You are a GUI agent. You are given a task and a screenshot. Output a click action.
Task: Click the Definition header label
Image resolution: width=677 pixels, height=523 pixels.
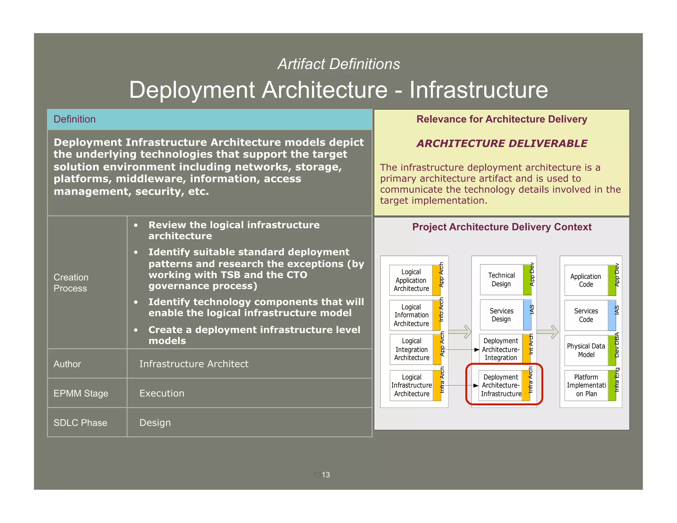pos(74,119)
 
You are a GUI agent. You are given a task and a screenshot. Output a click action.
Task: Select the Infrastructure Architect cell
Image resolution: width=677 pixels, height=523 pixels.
pos(194,364)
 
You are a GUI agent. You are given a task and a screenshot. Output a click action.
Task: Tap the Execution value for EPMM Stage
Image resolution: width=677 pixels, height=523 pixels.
pos(162,393)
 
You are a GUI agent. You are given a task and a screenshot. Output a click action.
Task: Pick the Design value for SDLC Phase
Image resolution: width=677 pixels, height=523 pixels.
pos(155,422)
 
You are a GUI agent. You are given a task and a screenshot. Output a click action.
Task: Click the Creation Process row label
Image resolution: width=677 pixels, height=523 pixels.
pos(71,283)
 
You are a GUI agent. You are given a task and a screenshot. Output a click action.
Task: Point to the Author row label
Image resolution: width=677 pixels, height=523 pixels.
pos(67,364)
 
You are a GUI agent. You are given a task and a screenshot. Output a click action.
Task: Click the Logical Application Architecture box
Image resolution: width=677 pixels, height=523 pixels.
pos(411,280)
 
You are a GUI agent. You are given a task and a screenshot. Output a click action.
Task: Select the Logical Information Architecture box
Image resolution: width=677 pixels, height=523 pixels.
pos(411,315)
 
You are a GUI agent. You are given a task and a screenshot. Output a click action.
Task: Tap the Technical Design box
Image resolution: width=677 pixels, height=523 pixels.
pos(501,280)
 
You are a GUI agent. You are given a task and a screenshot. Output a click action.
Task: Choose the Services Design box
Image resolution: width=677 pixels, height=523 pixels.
pos(501,315)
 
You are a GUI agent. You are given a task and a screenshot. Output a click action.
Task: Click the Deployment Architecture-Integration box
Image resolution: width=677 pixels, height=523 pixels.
pos(500,349)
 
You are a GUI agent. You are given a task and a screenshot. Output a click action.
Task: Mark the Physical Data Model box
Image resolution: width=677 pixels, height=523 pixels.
pos(586,350)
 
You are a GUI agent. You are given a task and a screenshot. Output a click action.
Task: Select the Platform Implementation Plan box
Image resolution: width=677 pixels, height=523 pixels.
pos(586,385)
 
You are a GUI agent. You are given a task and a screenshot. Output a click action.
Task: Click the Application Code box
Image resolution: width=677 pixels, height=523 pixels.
pos(586,280)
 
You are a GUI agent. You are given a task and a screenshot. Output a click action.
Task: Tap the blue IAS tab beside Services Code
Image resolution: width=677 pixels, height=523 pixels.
pos(612,315)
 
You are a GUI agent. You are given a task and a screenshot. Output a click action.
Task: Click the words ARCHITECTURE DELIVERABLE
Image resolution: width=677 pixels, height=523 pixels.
pos(502,143)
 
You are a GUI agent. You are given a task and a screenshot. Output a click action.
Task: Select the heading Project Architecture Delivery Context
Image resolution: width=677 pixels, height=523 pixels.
pos(502,227)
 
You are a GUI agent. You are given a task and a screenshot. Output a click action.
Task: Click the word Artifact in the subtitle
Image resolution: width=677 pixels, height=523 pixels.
pos(301,64)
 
